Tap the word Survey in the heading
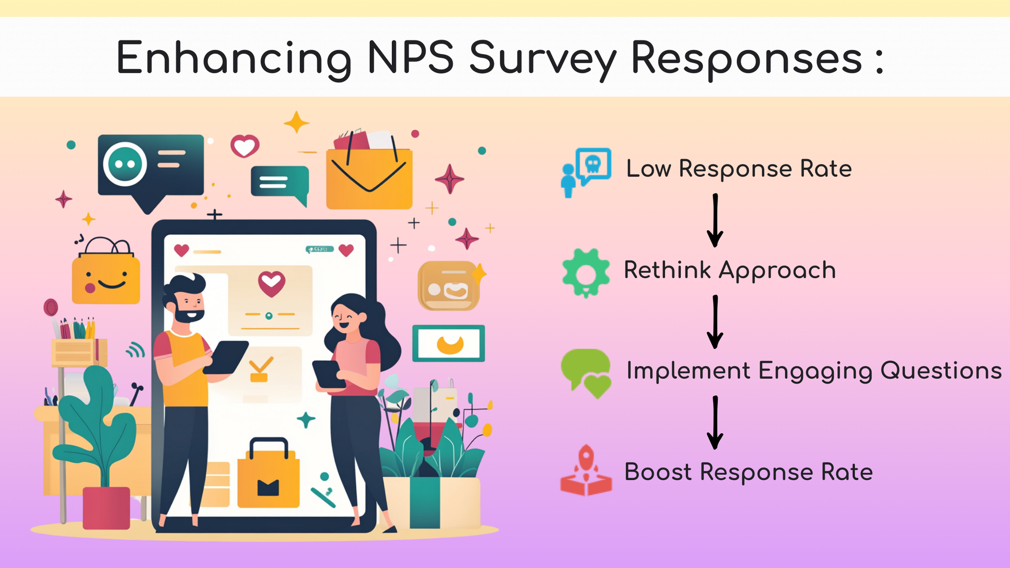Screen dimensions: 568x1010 coord(543,60)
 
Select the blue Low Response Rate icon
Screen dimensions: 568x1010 coord(586,172)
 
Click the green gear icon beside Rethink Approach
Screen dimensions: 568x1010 coord(586,273)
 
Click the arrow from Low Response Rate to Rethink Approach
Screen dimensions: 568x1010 coord(715,220)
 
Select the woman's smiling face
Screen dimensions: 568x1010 coord(348,318)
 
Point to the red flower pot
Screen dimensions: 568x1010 coord(106,507)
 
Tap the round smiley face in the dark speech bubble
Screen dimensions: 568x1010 coord(125,164)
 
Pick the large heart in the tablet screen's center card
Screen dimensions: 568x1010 coord(271,283)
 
